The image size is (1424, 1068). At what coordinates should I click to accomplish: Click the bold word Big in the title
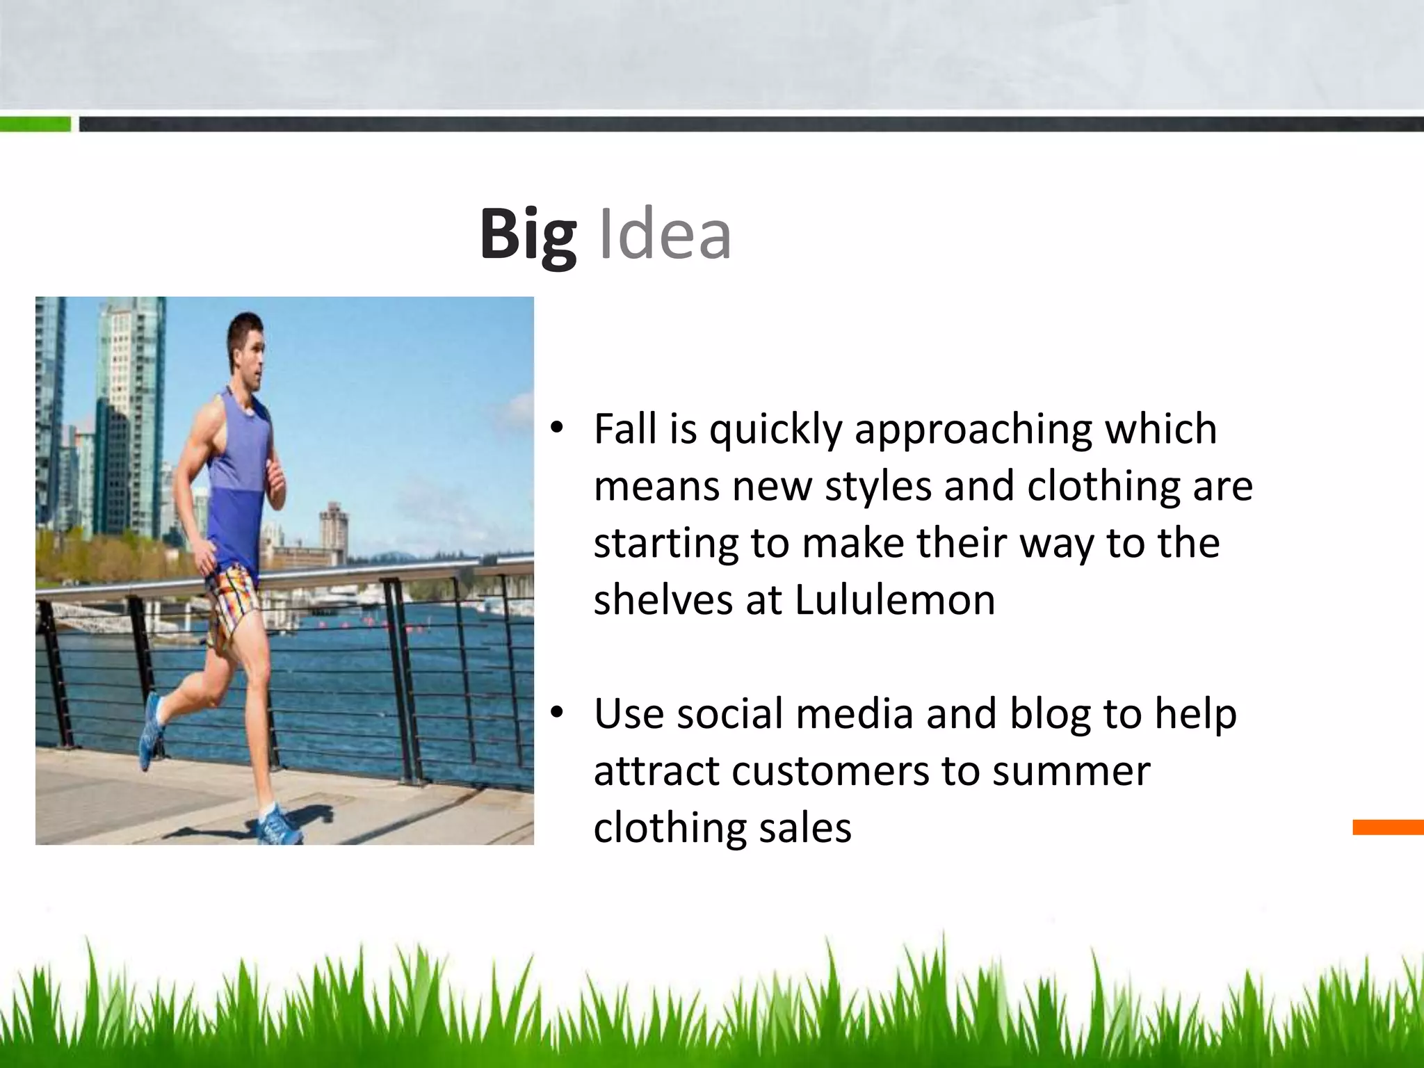tap(528, 235)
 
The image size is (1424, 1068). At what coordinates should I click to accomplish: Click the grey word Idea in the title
tap(664, 235)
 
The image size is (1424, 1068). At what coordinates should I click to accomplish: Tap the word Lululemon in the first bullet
tap(894, 599)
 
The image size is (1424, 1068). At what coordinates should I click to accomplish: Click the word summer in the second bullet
tap(1071, 770)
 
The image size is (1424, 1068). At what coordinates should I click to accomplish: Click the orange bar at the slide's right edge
tap(1388, 827)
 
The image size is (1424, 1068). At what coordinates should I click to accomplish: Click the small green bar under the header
tap(35, 124)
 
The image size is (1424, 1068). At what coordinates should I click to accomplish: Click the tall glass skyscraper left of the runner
tap(132, 417)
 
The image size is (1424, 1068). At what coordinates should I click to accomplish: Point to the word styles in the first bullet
tap(877, 485)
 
